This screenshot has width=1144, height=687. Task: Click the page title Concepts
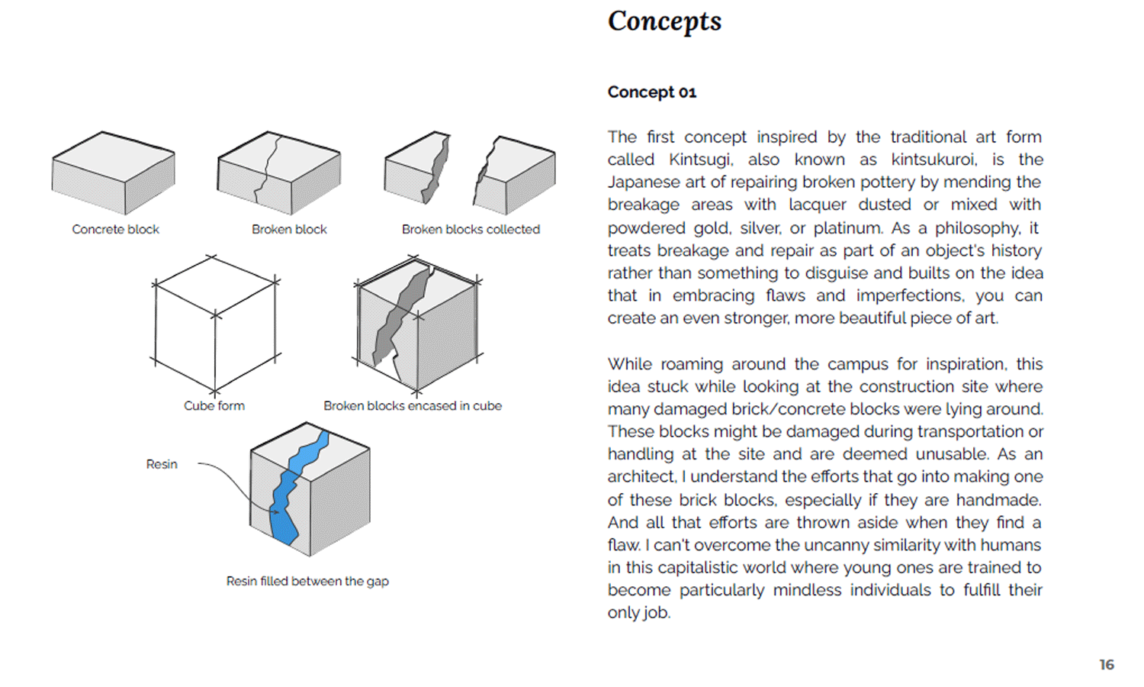664,21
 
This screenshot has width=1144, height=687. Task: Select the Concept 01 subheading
652,92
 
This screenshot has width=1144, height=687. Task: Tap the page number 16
1107,665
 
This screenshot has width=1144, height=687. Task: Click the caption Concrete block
115,229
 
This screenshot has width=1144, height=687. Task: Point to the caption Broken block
289,229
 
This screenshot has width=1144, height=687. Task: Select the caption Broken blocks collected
471,229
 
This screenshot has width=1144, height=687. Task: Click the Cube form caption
214,406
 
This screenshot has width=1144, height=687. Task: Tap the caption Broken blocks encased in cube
413,406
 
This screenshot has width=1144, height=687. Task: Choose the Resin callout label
162,464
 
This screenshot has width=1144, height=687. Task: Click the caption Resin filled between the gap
307,581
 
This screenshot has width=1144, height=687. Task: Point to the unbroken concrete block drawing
113,173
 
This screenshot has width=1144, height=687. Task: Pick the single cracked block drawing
278,173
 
